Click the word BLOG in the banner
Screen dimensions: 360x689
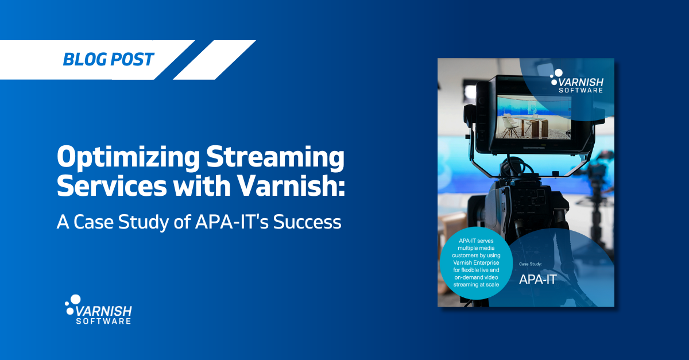(82, 59)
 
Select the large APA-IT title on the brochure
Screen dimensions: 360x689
(537, 280)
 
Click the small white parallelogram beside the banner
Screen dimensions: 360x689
(214, 60)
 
